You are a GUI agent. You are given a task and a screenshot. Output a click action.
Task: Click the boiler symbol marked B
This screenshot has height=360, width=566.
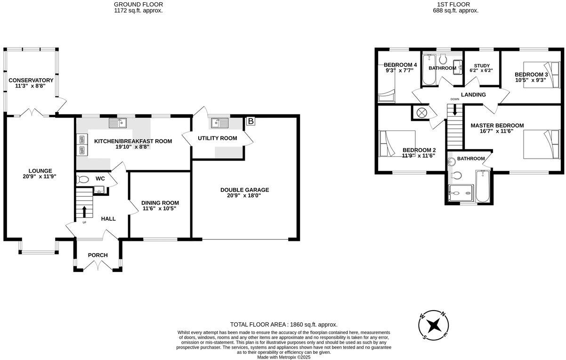point(251,121)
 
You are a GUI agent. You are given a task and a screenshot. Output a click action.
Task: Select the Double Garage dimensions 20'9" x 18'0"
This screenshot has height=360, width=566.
point(244,195)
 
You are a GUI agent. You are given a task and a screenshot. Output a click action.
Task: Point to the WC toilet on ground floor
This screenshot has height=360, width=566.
point(82,179)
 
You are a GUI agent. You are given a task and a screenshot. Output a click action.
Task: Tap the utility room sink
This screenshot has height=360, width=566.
point(219,123)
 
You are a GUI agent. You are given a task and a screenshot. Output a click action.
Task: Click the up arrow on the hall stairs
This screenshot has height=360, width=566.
point(85,211)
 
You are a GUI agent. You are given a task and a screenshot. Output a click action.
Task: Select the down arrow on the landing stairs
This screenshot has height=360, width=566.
point(454,110)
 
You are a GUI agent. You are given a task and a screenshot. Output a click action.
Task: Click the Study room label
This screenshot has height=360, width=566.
point(481,65)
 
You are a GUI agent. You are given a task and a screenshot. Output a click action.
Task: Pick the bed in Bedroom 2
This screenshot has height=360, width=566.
point(397,144)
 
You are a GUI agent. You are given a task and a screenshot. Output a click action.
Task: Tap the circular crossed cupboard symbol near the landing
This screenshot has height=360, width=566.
point(420,113)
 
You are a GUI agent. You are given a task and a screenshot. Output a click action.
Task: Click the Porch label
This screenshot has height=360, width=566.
point(98,256)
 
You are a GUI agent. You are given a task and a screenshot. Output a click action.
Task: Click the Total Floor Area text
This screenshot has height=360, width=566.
point(283,325)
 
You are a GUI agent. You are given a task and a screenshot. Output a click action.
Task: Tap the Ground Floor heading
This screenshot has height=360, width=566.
point(138,4)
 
